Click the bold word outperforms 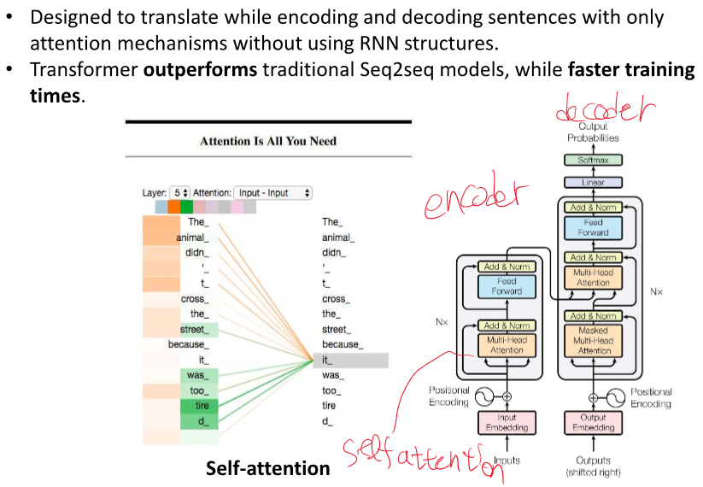click(200, 71)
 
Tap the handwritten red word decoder click(603, 111)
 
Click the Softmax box click(591, 161)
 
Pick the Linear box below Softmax click(591, 183)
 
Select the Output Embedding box click(593, 423)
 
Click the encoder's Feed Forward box click(507, 286)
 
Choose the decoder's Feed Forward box click(594, 226)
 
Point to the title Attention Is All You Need click(267, 141)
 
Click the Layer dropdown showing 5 click(179, 193)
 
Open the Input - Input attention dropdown click(273, 193)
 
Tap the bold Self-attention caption click(267, 468)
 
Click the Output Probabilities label click(592, 132)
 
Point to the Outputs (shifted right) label click(592, 466)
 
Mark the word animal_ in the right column click(336, 238)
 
